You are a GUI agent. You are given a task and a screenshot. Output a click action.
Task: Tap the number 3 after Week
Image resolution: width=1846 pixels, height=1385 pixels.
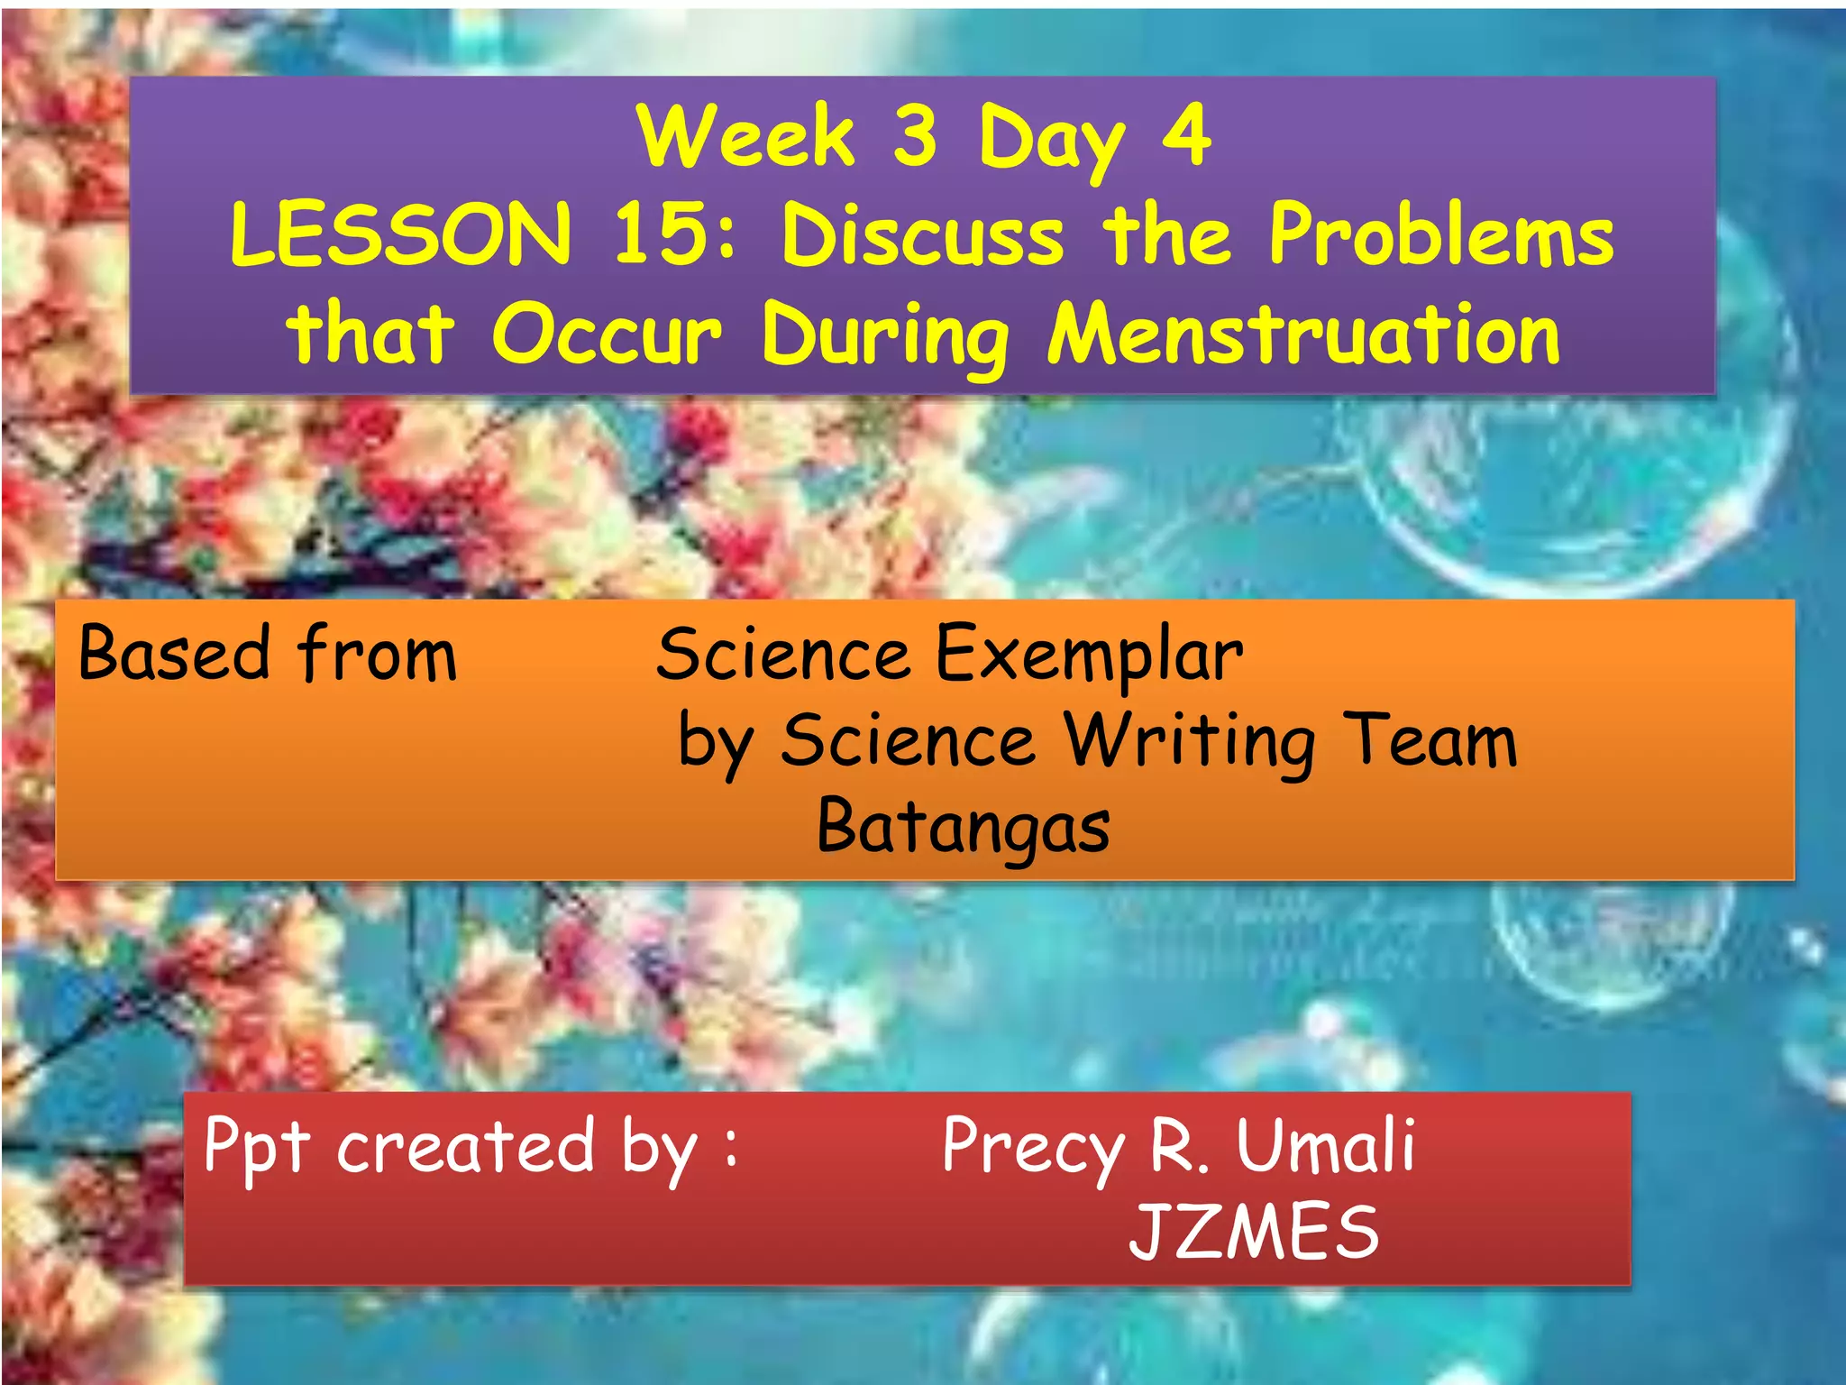point(915,136)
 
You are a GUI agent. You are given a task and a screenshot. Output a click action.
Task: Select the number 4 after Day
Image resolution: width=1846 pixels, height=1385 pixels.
point(1186,136)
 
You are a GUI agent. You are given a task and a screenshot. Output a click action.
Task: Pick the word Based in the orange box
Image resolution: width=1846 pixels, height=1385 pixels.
point(174,653)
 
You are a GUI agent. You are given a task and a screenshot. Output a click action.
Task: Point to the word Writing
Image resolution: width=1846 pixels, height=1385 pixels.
point(1189,742)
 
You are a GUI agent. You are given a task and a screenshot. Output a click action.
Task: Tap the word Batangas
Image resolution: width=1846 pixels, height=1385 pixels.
point(963,828)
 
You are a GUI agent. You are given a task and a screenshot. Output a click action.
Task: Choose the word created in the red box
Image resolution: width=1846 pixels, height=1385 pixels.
point(465,1147)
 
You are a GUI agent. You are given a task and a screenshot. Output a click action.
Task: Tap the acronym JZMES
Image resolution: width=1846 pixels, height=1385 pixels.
point(1254,1233)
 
